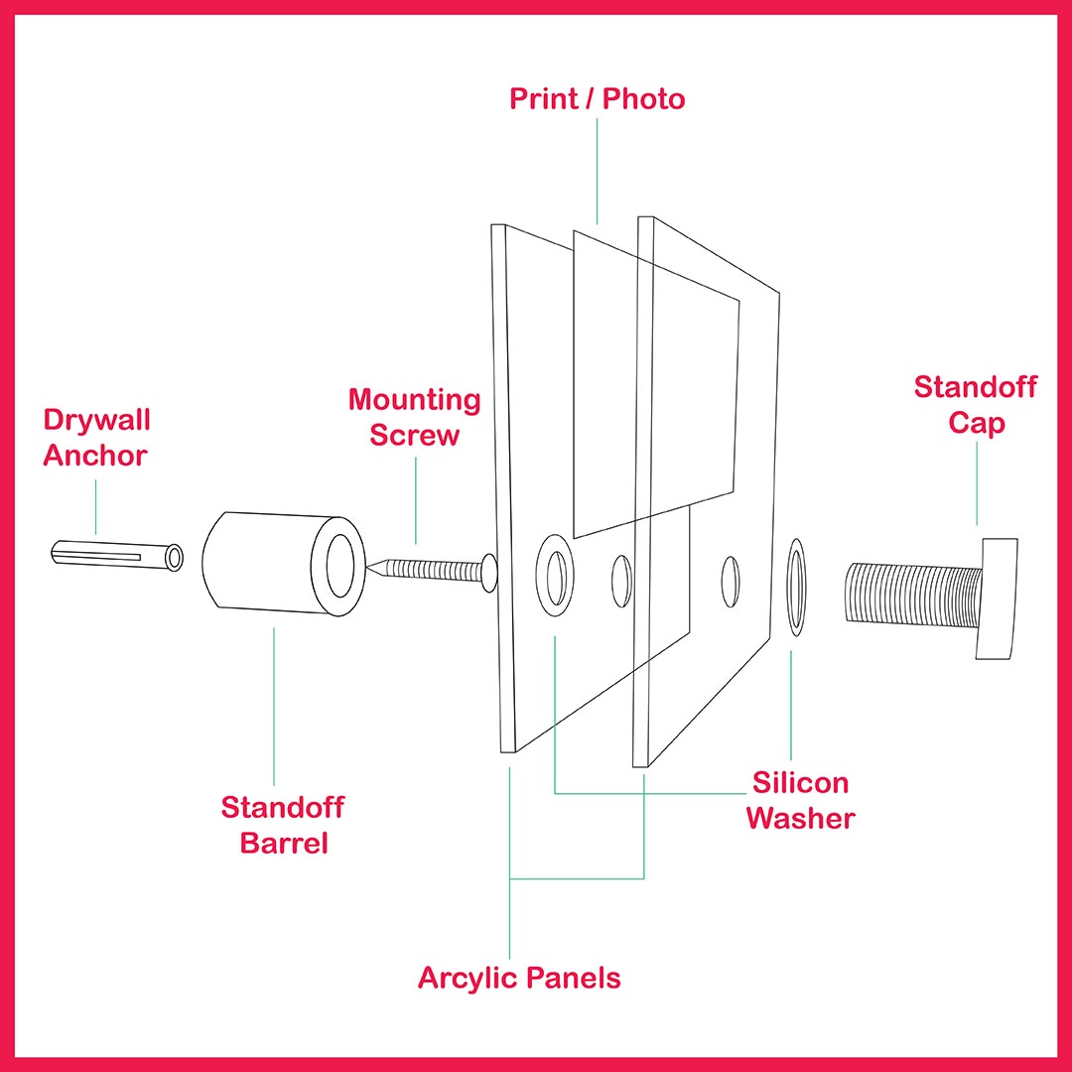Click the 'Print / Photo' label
(598, 99)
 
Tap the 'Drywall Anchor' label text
(95, 438)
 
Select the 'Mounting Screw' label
(414, 418)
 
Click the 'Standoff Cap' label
(976, 404)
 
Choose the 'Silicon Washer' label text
(800, 800)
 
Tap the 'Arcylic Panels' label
(519, 978)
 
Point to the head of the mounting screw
(488, 574)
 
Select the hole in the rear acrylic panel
(731, 582)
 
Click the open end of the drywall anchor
(175, 558)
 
